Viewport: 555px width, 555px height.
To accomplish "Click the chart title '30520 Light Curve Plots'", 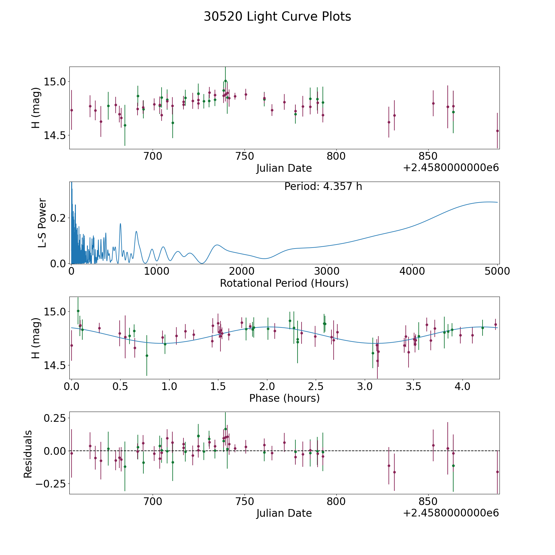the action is (277, 17).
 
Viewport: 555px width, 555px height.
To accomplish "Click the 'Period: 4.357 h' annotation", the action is (323, 187).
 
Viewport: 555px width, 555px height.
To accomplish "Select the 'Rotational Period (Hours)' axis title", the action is (284, 283).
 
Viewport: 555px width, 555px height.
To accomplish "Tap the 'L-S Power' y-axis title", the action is (42, 223).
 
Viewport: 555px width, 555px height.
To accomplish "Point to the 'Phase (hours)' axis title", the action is (284, 398).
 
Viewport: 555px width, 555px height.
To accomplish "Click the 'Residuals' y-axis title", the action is (28, 454).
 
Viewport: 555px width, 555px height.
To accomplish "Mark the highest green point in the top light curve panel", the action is (225, 81).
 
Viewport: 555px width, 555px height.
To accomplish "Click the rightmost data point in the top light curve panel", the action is (497, 131).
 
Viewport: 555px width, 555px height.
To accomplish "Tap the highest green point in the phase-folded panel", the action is (78, 311).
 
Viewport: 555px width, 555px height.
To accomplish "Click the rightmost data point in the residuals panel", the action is (497, 472).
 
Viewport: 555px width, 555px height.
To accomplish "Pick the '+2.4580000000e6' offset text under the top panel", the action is (451, 168).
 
